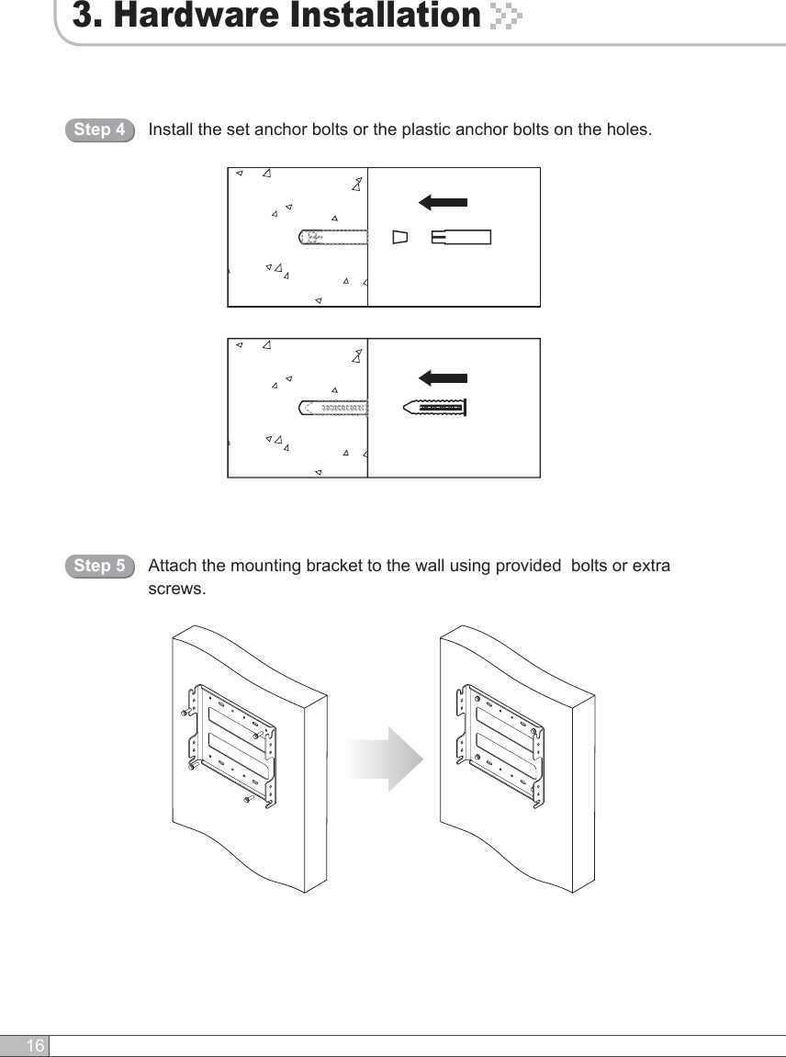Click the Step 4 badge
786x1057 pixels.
point(99,129)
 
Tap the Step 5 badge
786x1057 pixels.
point(99,566)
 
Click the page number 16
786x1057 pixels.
point(34,1046)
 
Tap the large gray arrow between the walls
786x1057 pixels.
point(387,759)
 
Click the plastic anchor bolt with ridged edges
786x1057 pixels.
point(435,407)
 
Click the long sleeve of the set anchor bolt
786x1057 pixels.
point(461,237)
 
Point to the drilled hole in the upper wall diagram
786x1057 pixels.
point(333,237)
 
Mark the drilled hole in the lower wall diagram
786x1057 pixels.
point(333,407)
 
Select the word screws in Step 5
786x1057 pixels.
point(176,588)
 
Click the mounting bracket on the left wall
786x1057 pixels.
point(233,745)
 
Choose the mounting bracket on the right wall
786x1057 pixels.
point(501,745)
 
